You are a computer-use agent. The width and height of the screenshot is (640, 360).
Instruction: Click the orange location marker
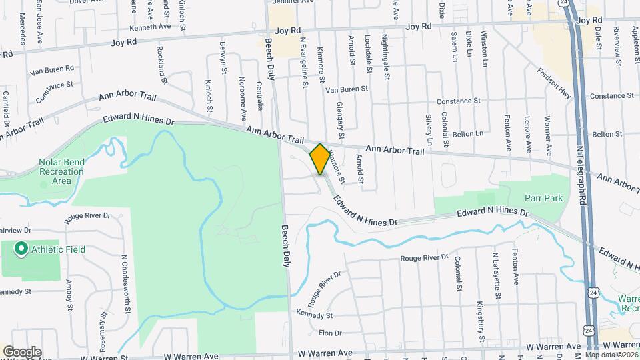tap(320, 159)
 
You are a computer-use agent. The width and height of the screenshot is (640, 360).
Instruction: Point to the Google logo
tap(22, 351)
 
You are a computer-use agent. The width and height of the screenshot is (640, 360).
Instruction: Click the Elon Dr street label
tap(330, 333)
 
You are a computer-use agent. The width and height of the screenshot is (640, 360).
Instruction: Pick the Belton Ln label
tap(467, 134)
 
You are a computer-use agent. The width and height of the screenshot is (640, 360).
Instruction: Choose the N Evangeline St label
tap(304, 62)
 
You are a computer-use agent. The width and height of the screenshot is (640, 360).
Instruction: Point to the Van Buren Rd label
tap(49, 69)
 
